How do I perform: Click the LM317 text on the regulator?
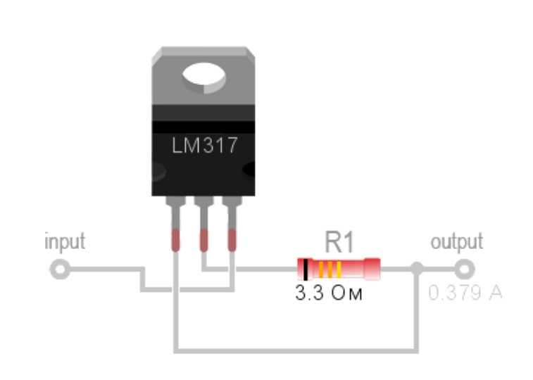coord(204,146)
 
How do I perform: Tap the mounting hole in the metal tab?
coord(204,78)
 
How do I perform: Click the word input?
coord(65,242)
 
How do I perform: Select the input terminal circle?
coord(60,270)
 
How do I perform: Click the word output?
coord(456,242)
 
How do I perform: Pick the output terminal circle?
coord(464,270)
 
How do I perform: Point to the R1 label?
coord(339,242)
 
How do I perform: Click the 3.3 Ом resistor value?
coord(329,293)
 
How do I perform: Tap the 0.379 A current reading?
coord(465,293)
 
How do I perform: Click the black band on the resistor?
coord(306,270)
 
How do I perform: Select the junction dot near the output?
coord(417,269)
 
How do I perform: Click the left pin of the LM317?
coord(175,224)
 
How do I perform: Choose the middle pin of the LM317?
coord(203,224)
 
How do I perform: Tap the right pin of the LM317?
coord(232,224)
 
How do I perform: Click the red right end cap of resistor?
coord(372,270)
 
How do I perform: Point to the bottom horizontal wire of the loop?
coord(296,350)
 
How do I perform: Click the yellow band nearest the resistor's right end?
coord(339,270)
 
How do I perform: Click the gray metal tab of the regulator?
coord(203,76)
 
